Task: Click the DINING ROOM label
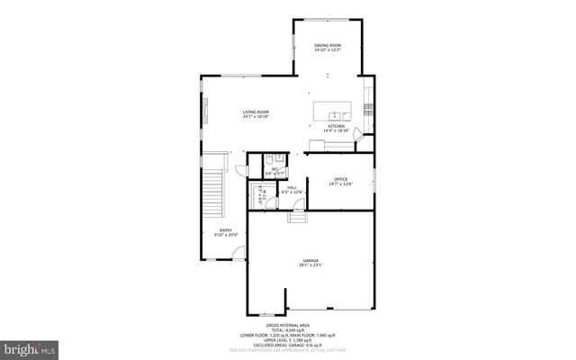327,45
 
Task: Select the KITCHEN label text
336,126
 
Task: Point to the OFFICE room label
340,179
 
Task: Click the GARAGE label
310,260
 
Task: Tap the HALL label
292,187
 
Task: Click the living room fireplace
205,112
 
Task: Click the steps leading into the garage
298,217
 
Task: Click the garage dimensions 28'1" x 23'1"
310,265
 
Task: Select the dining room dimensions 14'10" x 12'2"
327,50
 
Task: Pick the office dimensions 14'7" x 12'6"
340,184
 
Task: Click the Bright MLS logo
30,346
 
